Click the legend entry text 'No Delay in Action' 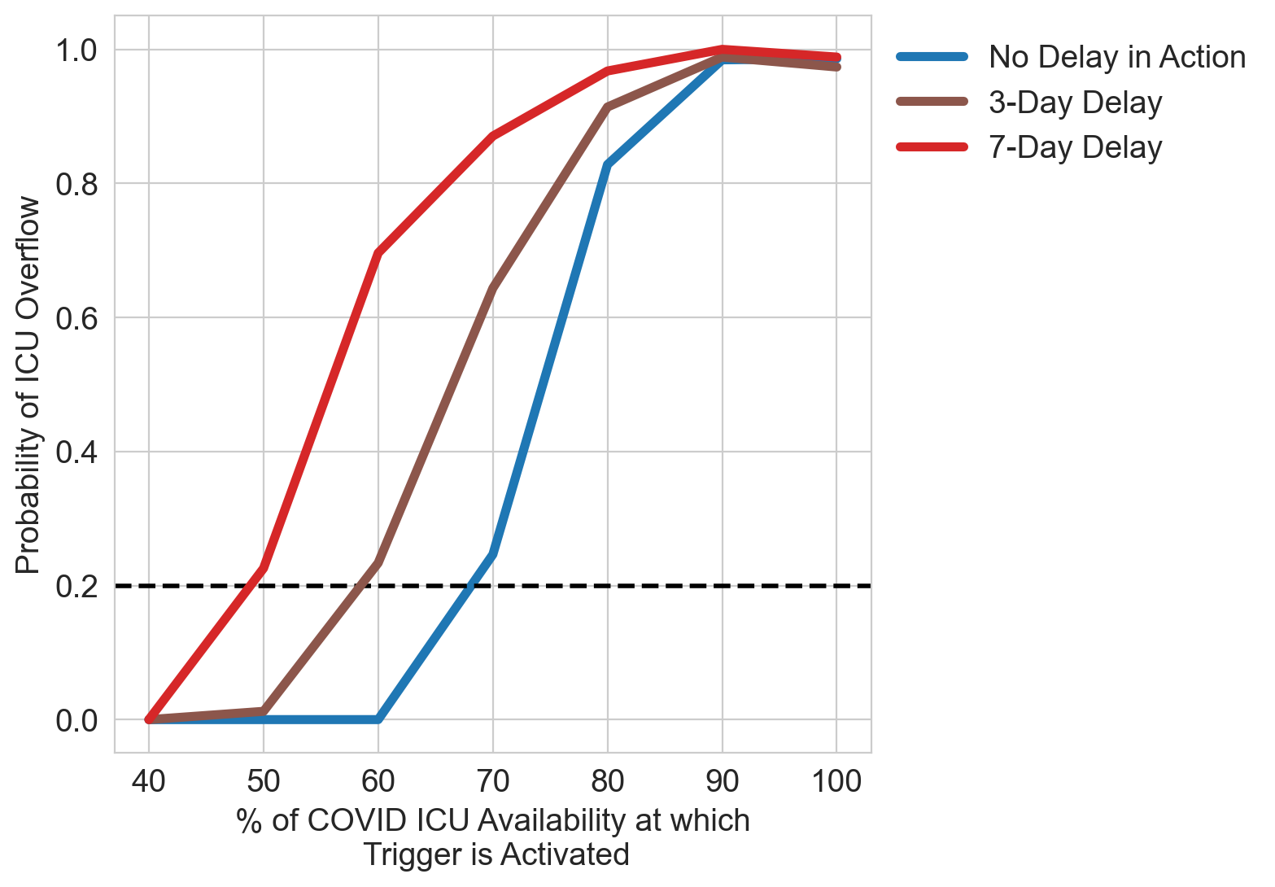pos(1116,57)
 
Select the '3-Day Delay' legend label pos(1075,103)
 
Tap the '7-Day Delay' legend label pos(1075,147)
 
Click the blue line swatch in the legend pos(932,57)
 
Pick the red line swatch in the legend pos(932,147)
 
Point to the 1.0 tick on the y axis pos(76,50)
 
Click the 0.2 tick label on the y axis pos(76,586)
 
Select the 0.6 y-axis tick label pos(76,318)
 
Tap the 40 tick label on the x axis pos(149,781)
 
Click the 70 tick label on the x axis pos(493,781)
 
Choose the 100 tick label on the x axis pos(836,781)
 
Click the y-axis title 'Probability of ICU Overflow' pos(28,384)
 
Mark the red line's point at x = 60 pos(378,253)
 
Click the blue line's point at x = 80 pos(608,165)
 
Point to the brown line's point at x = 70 pos(493,289)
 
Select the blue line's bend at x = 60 pos(378,719)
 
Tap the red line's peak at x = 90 pos(723,49)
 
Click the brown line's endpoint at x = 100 pos(836,67)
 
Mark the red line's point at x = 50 pos(264,567)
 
